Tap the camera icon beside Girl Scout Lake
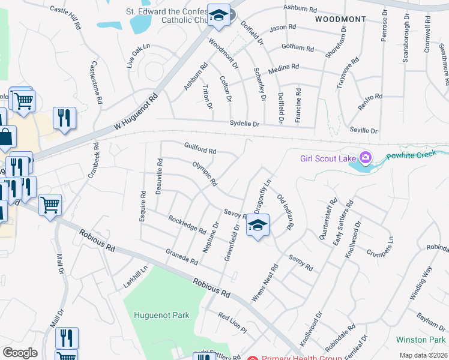(364, 158)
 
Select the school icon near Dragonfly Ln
(258, 225)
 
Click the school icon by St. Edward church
(219, 14)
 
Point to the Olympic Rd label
(204, 173)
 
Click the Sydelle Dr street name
(244, 124)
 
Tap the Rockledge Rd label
(187, 225)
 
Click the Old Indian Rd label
(284, 212)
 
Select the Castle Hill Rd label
(65, 17)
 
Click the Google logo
(20, 353)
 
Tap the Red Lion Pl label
(233, 323)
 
